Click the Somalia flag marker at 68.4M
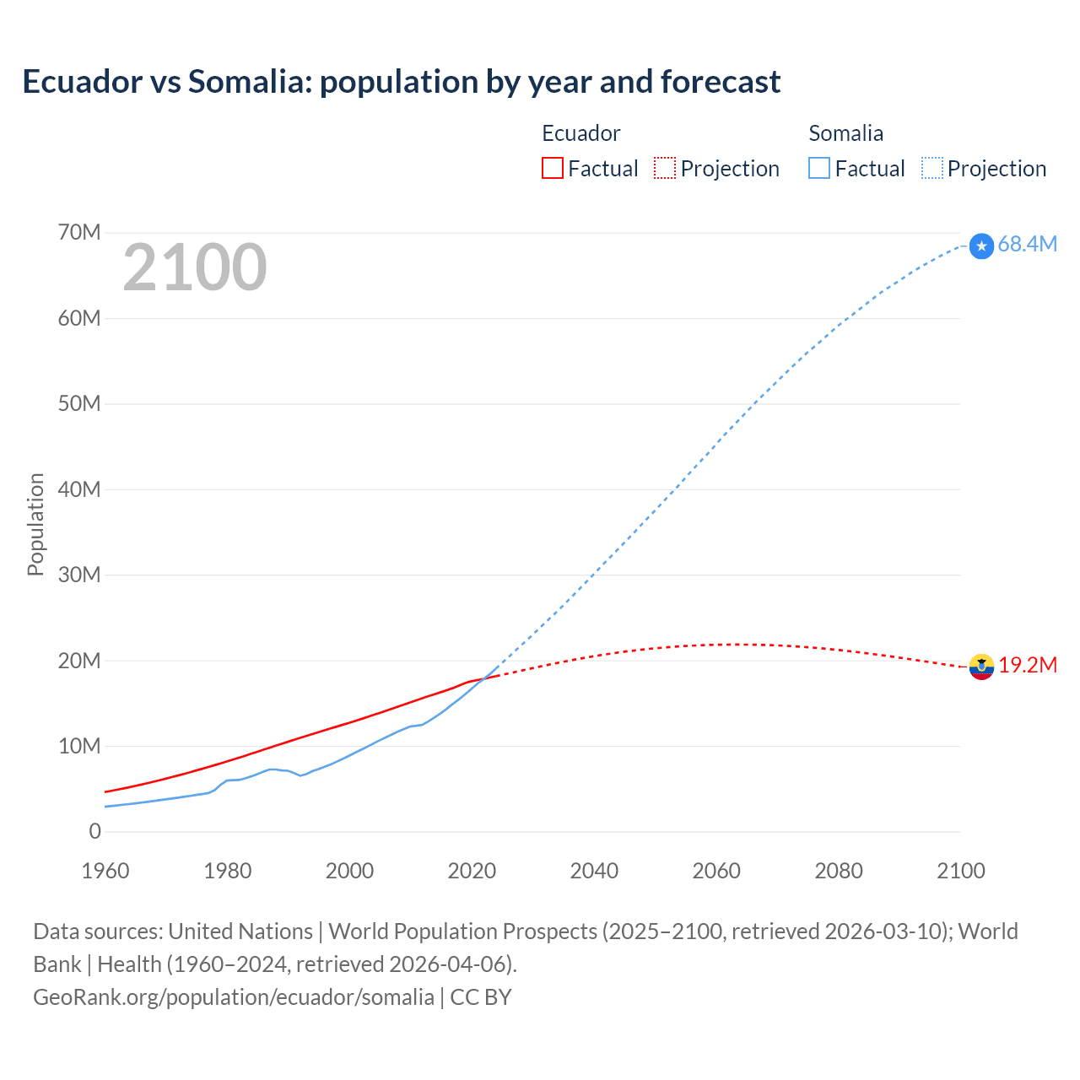click(x=981, y=246)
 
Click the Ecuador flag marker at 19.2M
click(x=981, y=667)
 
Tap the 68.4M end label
click(x=1027, y=244)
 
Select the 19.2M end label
click(x=1028, y=665)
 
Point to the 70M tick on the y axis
click(x=79, y=232)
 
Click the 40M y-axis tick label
click(x=79, y=489)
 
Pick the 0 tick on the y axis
click(x=94, y=832)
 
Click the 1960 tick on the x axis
click(x=105, y=871)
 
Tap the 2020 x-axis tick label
click(x=472, y=871)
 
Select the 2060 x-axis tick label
click(x=716, y=871)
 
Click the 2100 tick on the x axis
click(x=960, y=871)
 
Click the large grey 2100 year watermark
click(x=195, y=267)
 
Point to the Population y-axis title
click(x=35, y=524)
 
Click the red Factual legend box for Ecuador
click(x=553, y=168)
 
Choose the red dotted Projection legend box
click(x=665, y=168)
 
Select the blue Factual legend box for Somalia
click(x=819, y=168)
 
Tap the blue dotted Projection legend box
click(x=932, y=168)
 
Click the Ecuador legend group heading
click(x=580, y=133)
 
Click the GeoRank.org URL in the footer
click(x=234, y=996)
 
